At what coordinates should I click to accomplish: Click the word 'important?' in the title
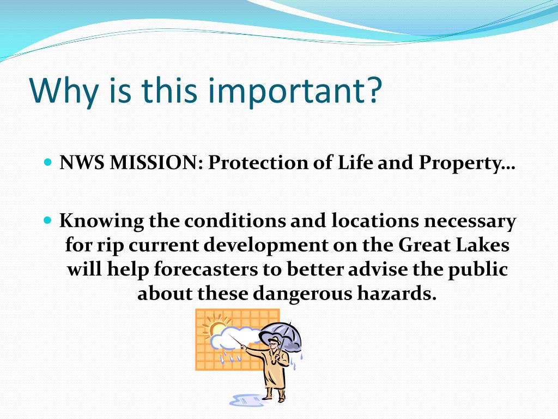click(298, 91)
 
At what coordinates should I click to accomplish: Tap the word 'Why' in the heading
click(64, 91)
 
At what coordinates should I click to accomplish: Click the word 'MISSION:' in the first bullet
click(156, 163)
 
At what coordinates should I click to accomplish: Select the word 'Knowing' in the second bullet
click(101, 222)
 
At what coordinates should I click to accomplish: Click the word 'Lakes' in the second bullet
click(482, 245)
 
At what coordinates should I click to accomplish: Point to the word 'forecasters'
click(206, 270)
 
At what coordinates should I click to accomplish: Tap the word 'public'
click(477, 270)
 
